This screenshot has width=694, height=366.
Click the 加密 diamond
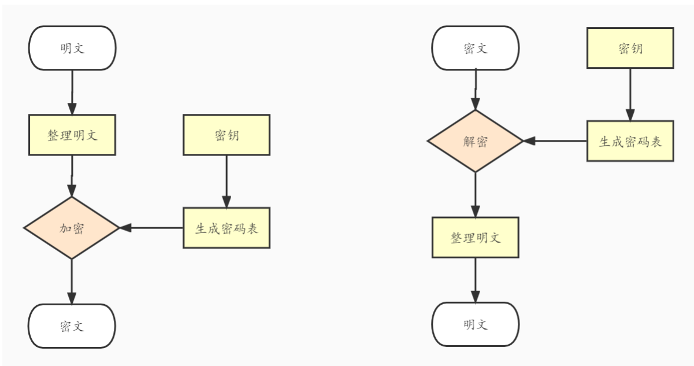(72, 228)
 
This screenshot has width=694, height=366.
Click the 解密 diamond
(475, 141)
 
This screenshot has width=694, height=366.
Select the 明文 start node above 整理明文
(72, 48)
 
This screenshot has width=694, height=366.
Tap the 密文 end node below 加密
(72, 326)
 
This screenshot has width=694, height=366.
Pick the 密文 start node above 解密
(475, 48)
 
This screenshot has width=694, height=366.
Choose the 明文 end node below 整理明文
(475, 324)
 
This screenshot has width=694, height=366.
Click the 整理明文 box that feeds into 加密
(72, 135)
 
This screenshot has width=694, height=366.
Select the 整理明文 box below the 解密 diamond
(475, 238)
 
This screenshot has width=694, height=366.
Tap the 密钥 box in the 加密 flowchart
(227, 135)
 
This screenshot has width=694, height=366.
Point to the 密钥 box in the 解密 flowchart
(630, 48)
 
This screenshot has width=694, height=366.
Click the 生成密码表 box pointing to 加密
(227, 228)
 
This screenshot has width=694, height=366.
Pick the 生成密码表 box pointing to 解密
(630, 141)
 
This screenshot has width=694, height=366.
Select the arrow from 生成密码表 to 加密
(151, 228)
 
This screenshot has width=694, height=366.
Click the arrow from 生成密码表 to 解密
(555, 141)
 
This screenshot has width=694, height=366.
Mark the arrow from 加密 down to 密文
(72, 282)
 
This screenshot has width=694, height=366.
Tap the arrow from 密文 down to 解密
(475, 90)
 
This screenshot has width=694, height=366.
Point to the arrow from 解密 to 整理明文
(475, 194)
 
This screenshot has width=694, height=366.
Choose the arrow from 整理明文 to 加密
(72, 176)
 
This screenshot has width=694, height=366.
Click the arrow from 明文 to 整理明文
(72, 93)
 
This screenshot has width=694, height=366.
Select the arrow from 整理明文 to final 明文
(475, 280)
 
